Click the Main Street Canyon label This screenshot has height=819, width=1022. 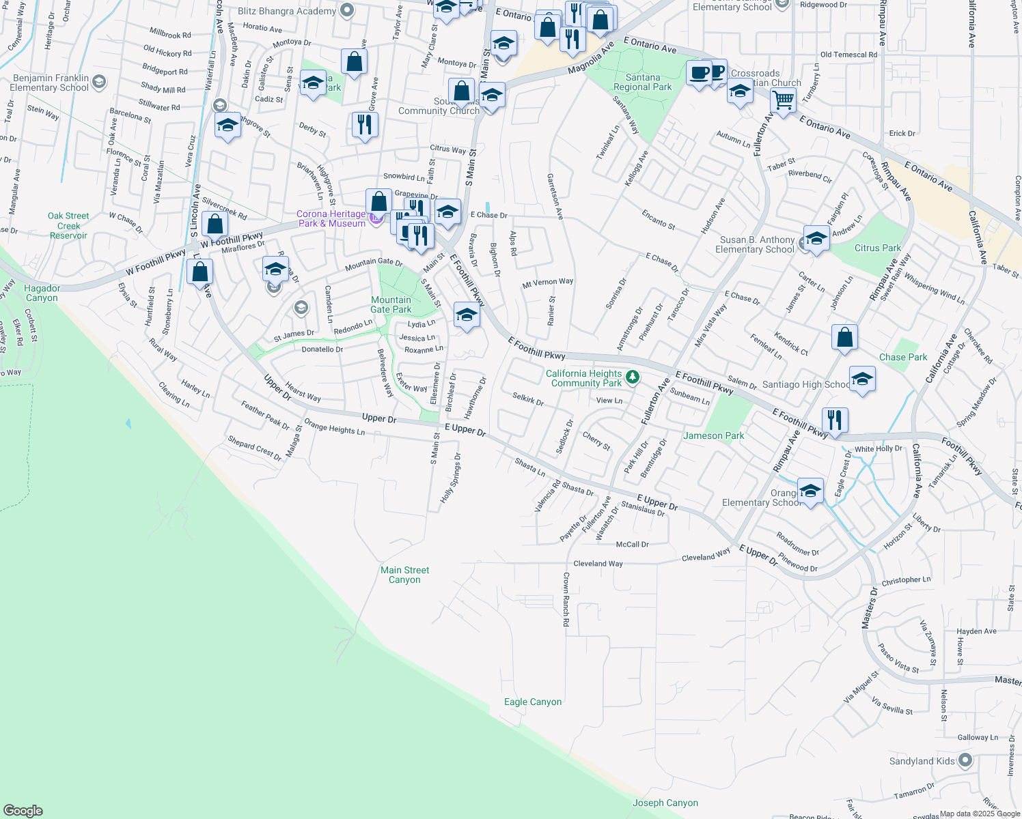[x=404, y=575]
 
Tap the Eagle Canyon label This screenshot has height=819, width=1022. [x=533, y=702]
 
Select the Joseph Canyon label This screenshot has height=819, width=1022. [x=665, y=803]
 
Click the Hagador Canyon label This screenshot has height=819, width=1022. [x=42, y=293]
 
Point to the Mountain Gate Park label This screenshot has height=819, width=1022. [x=391, y=304]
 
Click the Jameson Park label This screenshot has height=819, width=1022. [x=713, y=435]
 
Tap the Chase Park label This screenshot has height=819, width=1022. [x=903, y=357]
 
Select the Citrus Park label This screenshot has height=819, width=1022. [x=877, y=248]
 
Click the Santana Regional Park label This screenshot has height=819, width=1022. [x=642, y=82]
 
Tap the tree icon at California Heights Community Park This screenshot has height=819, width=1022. [x=633, y=377]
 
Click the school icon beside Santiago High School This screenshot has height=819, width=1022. [x=862, y=379]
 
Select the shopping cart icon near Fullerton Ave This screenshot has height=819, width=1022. [x=783, y=100]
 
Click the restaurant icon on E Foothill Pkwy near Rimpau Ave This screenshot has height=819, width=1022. [x=834, y=419]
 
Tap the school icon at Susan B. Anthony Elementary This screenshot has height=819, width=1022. [x=816, y=238]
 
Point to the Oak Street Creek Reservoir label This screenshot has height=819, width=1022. [x=68, y=225]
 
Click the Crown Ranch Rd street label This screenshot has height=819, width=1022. [x=566, y=599]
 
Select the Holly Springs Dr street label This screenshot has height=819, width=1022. [x=450, y=478]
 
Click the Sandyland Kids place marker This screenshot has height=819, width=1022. [x=965, y=760]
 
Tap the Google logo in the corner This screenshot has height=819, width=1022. [x=23, y=811]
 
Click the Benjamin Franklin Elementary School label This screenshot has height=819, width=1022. [x=51, y=83]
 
